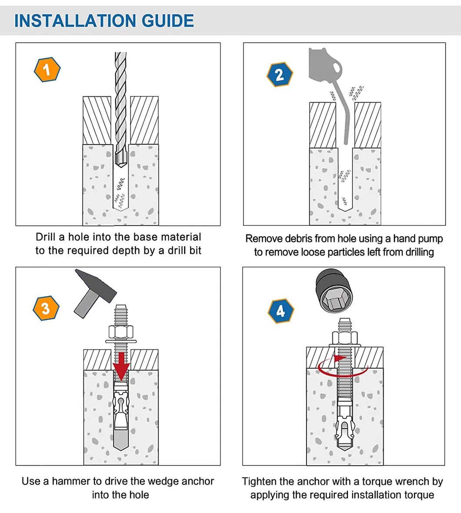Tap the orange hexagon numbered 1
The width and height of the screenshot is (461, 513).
(x=47, y=70)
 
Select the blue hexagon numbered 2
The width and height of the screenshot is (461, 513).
(x=279, y=74)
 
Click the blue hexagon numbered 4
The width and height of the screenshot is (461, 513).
(x=281, y=311)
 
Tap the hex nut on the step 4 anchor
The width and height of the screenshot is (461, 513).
(x=344, y=338)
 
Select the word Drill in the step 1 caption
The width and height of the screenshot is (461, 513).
(x=46, y=237)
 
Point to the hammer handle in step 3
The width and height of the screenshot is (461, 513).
(x=84, y=306)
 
